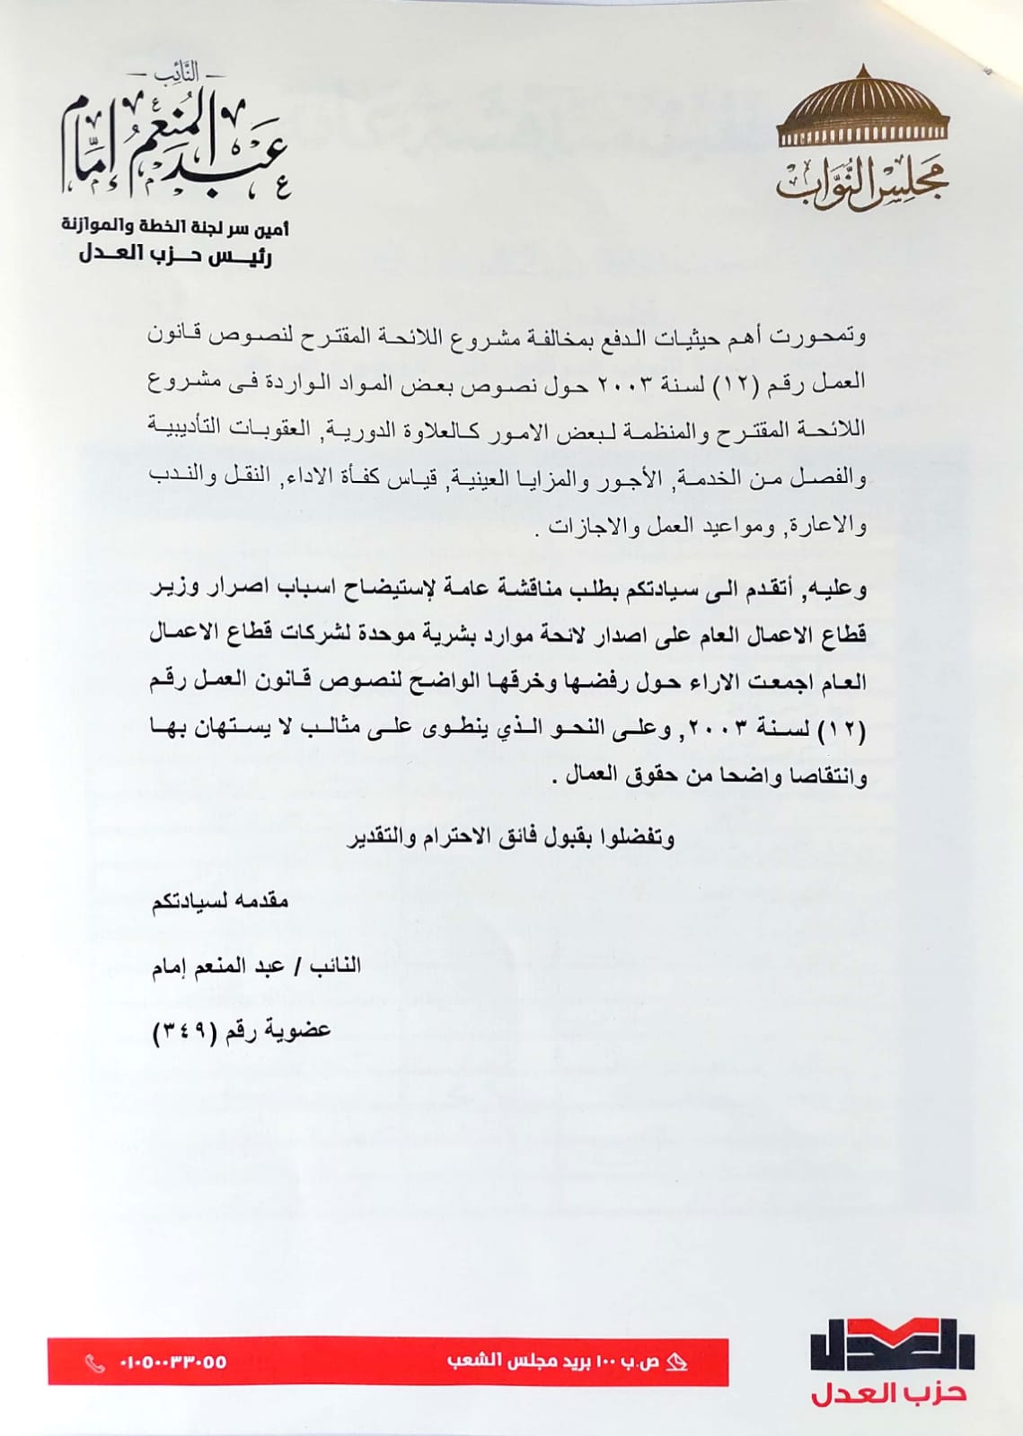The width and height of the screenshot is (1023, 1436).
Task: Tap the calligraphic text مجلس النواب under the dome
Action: [862, 185]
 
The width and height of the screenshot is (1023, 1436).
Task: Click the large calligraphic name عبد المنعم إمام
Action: [176, 144]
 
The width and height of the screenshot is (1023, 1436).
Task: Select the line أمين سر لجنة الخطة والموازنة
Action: [176, 225]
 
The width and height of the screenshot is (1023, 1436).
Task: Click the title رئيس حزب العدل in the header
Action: [176, 256]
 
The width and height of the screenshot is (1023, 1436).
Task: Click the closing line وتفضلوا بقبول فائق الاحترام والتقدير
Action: [510, 838]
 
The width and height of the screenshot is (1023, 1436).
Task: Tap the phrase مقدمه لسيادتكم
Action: [220, 901]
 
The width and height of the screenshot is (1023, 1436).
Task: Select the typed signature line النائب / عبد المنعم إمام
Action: [256, 967]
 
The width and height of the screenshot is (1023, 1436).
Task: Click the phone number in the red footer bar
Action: [172, 1362]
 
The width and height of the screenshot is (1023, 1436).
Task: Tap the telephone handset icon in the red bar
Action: [94, 1363]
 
